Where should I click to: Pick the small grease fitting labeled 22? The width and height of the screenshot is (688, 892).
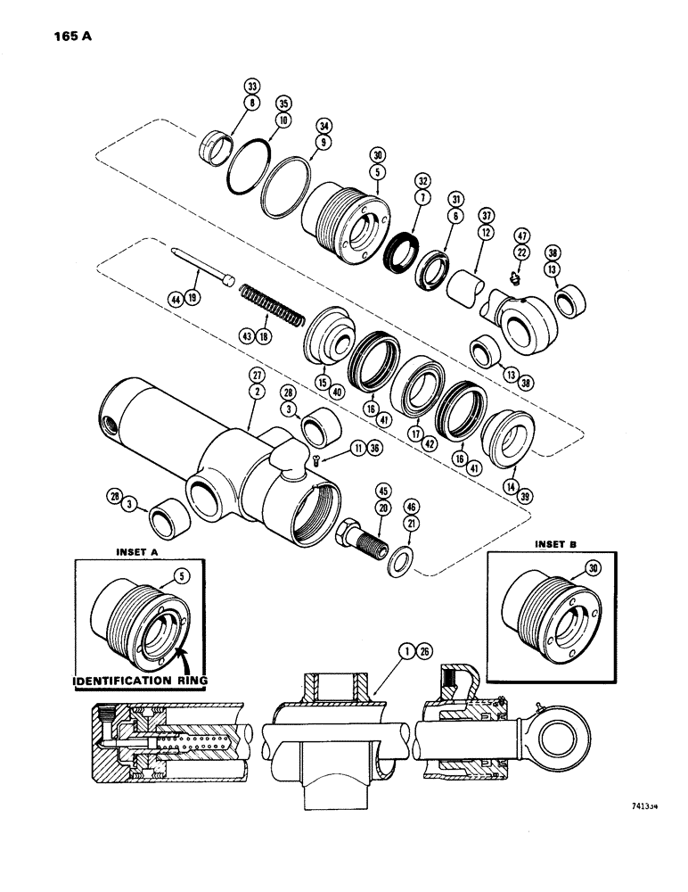pyautogui.click(x=516, y=277)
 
